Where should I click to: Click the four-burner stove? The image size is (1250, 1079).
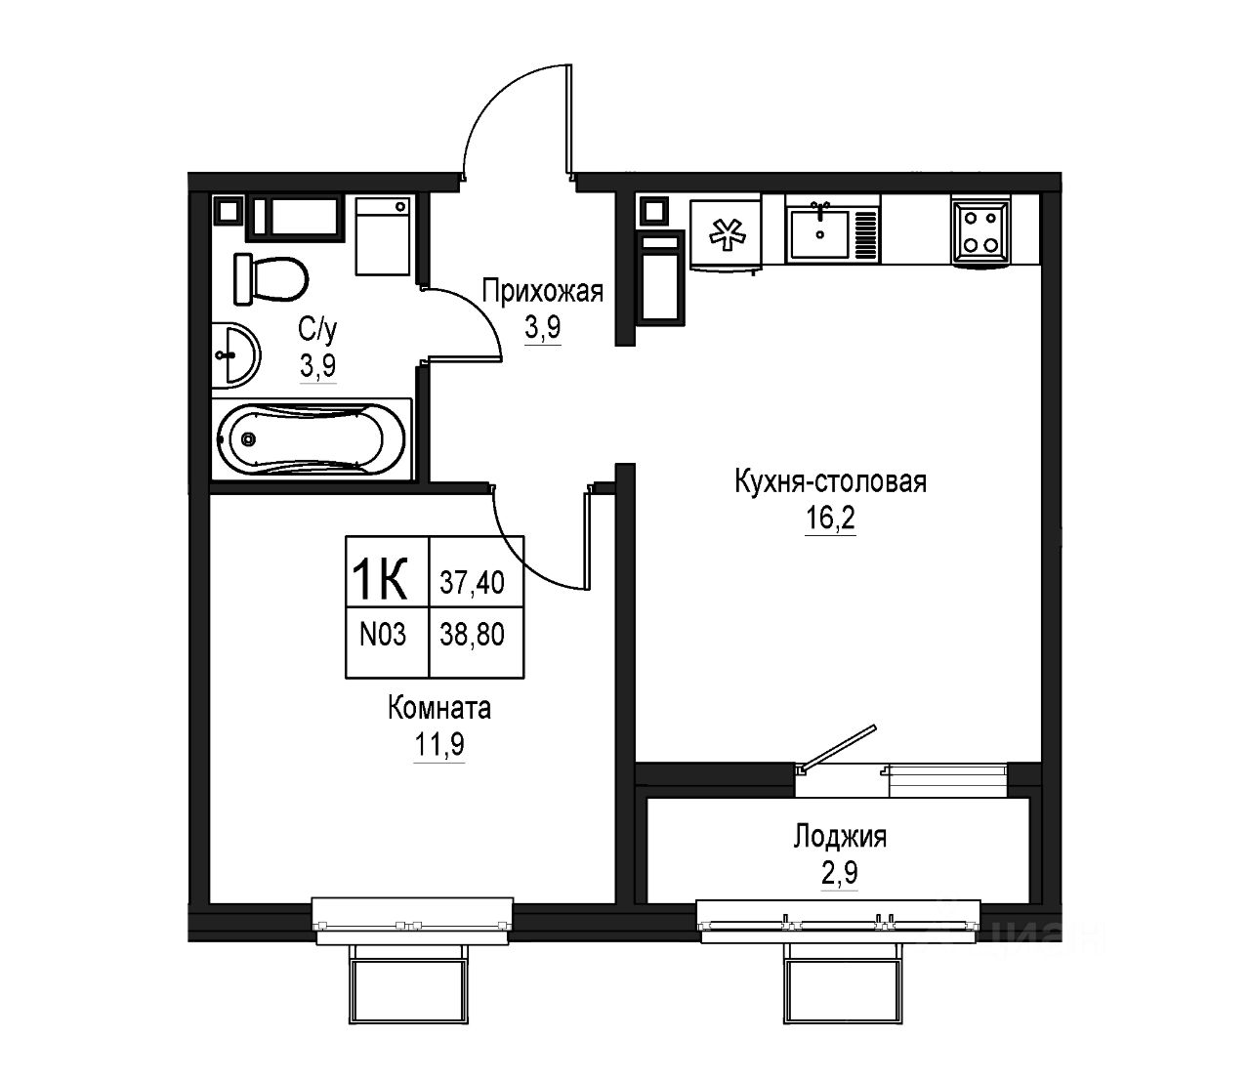pos(979,231)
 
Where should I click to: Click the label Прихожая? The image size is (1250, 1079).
pos(543,291)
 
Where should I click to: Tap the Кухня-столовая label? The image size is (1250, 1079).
pos(830,482)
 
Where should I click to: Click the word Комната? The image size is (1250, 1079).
pos(439,708)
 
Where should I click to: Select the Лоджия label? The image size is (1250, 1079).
pos(840,837)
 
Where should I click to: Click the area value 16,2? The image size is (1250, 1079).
pos(830,519)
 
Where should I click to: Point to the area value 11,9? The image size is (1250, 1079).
pos(438,745)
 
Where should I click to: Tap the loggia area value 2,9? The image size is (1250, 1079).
pos(840,873)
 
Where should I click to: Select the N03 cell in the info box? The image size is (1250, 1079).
pos(383,635)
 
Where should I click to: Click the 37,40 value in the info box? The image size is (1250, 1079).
pos(472,583)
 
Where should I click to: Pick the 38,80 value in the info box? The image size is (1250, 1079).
pos(472,636)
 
